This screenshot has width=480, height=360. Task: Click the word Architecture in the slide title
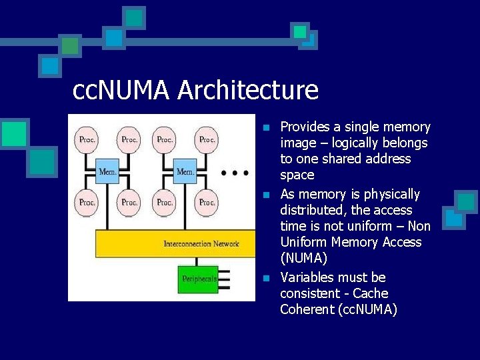[248, 90]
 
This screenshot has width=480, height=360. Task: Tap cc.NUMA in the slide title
[122, 90]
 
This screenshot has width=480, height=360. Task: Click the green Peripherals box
[199, 279]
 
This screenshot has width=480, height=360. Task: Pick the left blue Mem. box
[108, 172]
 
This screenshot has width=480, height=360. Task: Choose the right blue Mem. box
[185, 172]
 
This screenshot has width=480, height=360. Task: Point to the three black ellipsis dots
[235, 173]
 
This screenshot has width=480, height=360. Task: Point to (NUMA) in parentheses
[304, 258]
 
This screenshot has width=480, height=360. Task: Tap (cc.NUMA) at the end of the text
[367, 309]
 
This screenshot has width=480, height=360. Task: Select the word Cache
[371, 293]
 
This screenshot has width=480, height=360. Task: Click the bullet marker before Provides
[265, 127]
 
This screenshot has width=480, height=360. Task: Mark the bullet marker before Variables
[265, 278]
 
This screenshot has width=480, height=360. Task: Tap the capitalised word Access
[401, 242]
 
